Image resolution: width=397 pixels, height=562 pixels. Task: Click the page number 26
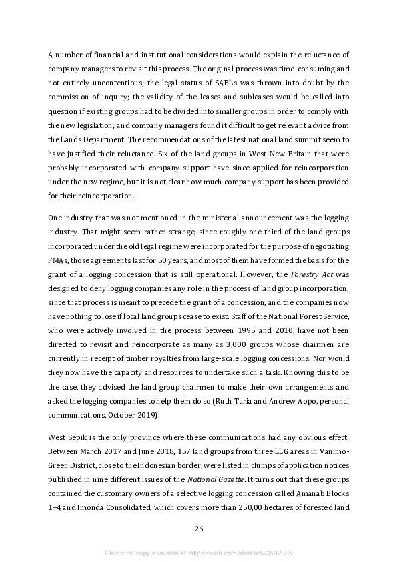point(198,529)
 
